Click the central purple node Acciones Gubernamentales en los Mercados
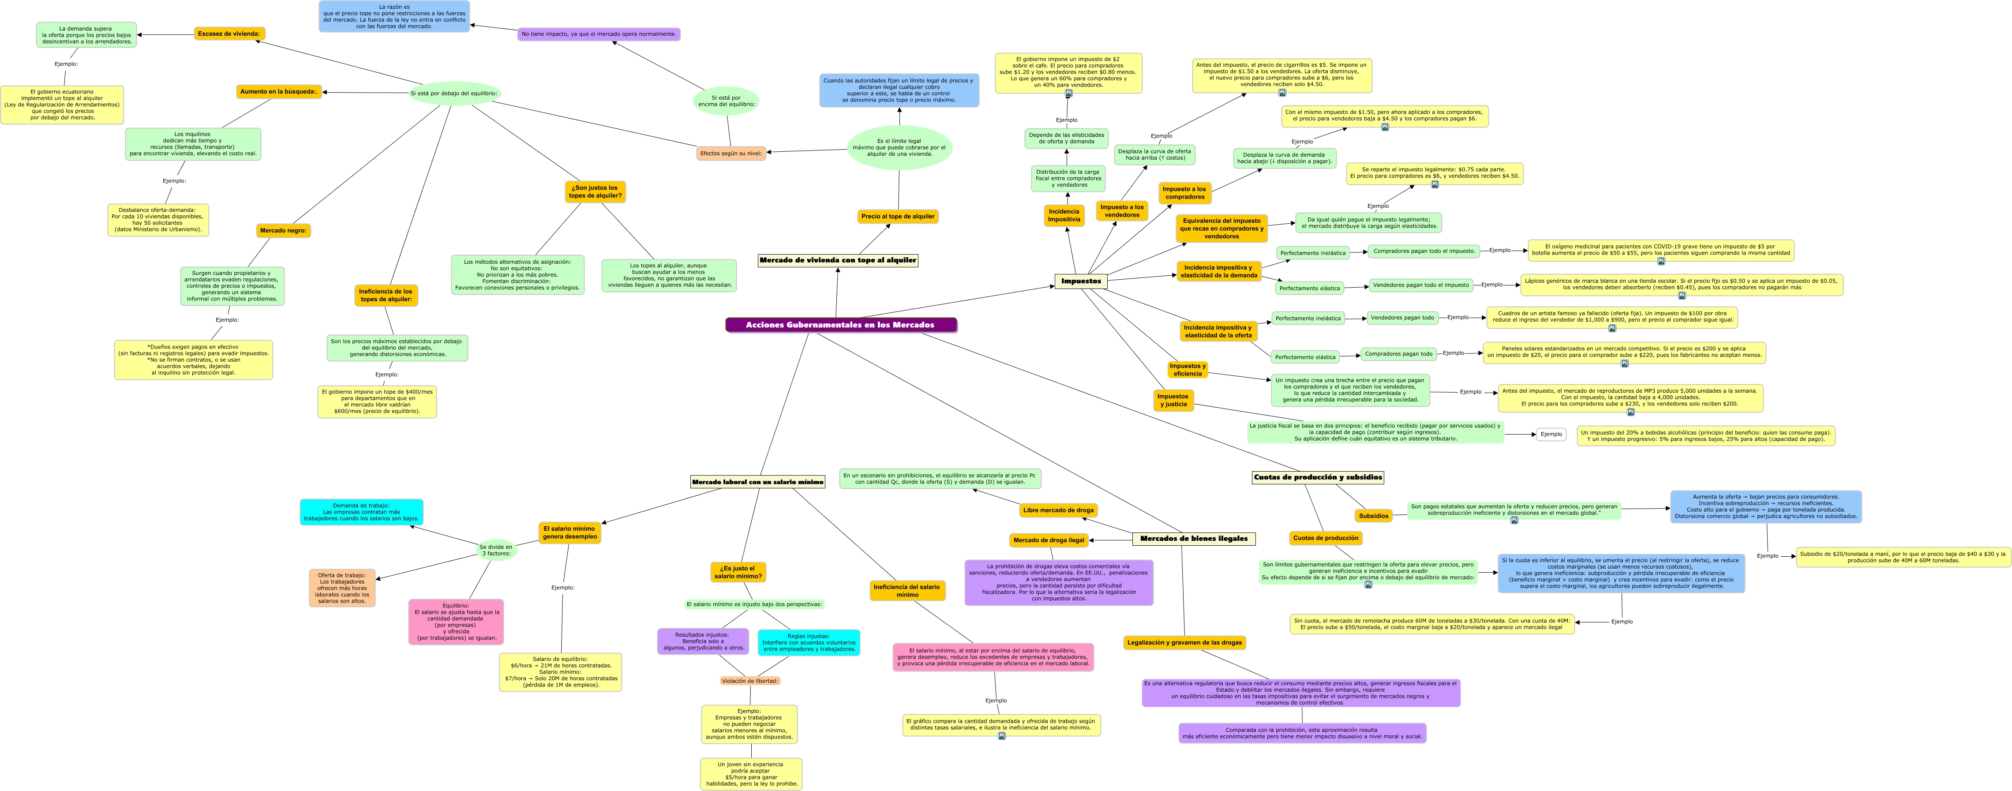click(840, 325)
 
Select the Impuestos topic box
click(1081, 281)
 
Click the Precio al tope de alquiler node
click(897, 216)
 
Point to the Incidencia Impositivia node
click(1064, 216)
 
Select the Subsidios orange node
click(1373, 515)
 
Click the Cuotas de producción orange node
click(1326, 538)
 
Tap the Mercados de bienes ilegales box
click(1193, 539)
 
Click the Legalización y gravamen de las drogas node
click(1184, 643)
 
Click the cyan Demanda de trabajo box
click(362, 512)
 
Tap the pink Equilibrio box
click(456, 622)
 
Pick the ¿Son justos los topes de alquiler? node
click(595, 192)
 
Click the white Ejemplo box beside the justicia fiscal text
click(1551, 434)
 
